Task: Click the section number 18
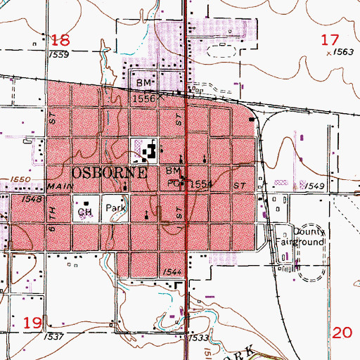(62, 39)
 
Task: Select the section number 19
(32, 323)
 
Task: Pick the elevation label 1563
(343, 51)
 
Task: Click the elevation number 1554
(201, 184)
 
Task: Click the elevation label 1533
(198, 338)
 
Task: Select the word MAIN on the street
(61, 186)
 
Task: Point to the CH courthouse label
(85, 211)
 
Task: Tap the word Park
(115, 209)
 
